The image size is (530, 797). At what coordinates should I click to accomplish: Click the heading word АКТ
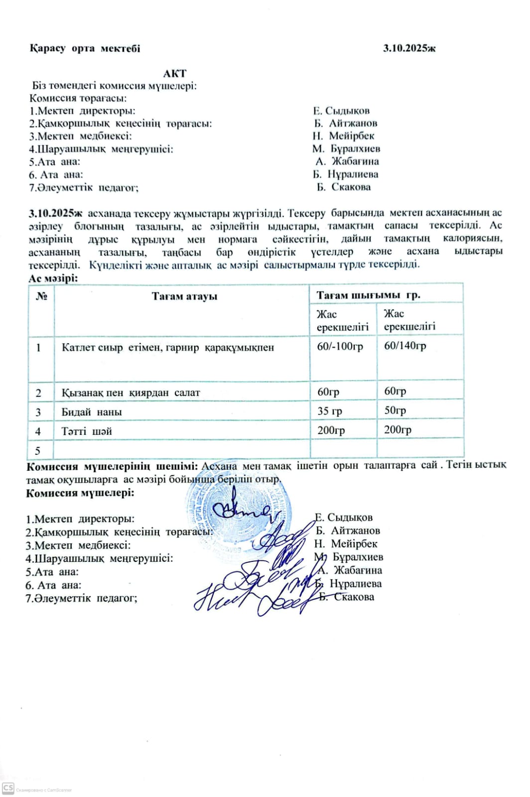pos(174,73)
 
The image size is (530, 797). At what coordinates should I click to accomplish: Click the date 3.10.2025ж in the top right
pos(409,48)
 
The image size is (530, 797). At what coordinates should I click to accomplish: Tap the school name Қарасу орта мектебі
pos(85,48)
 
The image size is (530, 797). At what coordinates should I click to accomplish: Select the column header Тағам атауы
pos(184,296)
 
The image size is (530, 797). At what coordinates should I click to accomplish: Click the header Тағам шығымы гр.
pos(368,295)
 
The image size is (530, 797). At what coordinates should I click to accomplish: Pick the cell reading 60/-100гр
pos(340,346)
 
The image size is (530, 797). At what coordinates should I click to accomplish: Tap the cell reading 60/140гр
pos(405,346)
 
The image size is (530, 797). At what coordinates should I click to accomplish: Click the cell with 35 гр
pos(330,411)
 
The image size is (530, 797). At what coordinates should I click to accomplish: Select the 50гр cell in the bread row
pos(395,410)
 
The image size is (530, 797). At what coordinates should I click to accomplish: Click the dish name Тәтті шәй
pos(87,431)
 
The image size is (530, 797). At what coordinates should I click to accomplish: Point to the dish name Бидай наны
pos(92,412)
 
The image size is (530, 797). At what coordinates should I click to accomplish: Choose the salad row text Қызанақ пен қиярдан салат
pos(131,393)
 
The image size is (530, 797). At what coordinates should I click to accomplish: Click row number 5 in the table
pos(37,451)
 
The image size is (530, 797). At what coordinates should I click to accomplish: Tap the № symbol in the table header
pos(41,296)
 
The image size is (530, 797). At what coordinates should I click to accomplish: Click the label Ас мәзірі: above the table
pos(53,278)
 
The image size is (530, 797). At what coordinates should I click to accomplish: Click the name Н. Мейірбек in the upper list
pos(344,136)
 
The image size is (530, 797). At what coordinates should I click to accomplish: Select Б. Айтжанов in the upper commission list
pos(346,123)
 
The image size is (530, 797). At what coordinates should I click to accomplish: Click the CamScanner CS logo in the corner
pos(8,788)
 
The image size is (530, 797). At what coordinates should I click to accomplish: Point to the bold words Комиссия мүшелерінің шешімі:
pos(112,466)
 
